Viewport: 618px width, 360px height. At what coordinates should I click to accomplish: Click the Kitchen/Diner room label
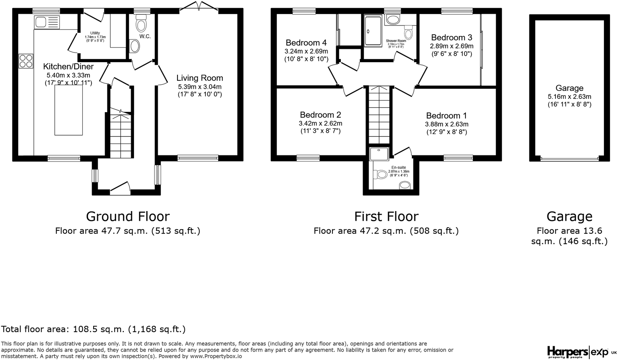point(68,67)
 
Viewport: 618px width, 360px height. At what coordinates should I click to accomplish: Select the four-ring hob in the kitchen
point(26,61)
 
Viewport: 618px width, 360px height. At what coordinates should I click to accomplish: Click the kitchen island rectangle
point(69,110)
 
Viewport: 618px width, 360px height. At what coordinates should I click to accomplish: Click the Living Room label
point(199,78)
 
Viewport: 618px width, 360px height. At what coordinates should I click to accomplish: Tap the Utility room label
point(95,33)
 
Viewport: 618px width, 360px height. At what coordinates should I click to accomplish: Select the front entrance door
point(120,188)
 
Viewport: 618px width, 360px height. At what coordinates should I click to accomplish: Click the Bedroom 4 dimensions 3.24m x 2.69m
point(306,51)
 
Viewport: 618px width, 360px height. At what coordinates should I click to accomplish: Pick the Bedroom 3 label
point(451,38)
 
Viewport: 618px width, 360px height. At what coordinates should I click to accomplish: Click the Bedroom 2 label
point(320,115)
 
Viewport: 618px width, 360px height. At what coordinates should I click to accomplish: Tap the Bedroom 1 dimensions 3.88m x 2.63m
point(447,124)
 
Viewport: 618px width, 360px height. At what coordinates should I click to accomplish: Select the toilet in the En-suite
point(380,175)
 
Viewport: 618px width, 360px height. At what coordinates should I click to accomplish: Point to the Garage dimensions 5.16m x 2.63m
point(569,96)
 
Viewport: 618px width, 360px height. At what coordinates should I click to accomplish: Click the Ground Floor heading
point(127,217)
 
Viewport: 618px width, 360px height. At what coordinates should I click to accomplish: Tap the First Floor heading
point(386,217)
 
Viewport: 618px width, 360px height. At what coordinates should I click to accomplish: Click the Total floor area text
point(93,329)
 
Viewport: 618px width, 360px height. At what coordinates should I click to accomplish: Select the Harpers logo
point(567,352)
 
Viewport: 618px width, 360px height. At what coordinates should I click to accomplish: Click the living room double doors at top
point(199,7)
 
